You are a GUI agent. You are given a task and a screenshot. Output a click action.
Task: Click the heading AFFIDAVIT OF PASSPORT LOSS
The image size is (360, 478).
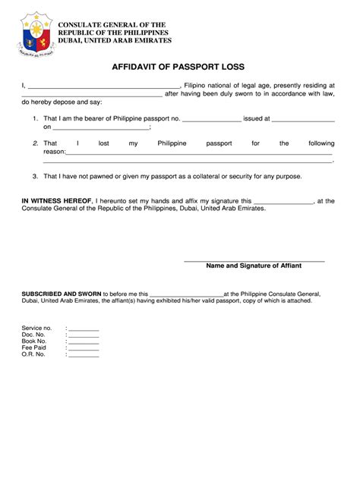pyautogui.click(x=179, y=67)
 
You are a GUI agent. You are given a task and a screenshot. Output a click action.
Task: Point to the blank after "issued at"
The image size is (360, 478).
pyautogui.click(x=303, y=121)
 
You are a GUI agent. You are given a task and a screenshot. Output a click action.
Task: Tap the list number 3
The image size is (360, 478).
pyautogui.click(x=35, y=176)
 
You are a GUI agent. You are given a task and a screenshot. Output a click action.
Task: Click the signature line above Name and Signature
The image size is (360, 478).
pyautogui.click(x=254, y=261)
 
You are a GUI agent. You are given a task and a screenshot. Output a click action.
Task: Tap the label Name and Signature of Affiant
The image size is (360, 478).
pyautogui.click(x=254, y=266)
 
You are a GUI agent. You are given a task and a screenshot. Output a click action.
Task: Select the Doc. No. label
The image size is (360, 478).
pyautogui.click(x=33, y=335)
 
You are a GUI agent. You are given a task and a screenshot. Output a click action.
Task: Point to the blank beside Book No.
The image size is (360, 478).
pyautogui.click(x=84, y=342)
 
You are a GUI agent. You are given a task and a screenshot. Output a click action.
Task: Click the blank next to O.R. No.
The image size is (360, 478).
pyautogui.click(x=84, y=355)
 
